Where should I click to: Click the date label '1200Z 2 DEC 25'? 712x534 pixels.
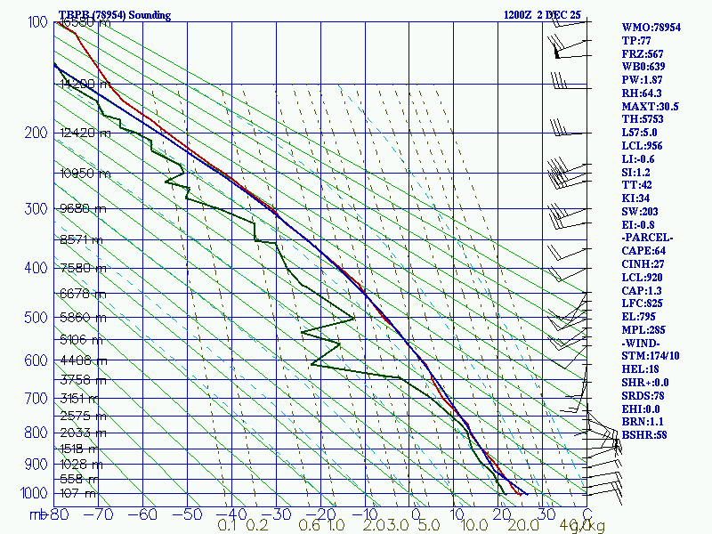click(x=542, y=15)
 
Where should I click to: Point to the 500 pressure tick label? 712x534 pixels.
click(x=37, y=318)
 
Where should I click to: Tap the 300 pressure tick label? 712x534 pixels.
click(x=37, y=209)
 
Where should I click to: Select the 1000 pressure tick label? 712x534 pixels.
click(x=34, y=493)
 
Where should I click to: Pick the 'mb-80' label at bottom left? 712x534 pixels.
click(x=49, y=514)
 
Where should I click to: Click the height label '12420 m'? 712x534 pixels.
click(x=85, y=133)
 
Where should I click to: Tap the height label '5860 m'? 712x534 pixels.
click(x=82, y=317)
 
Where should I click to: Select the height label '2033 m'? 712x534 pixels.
click(x=82, y=433)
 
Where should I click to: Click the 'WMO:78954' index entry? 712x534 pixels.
click(x=651, y=28)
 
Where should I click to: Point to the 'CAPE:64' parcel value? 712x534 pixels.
click(x=643, y=251)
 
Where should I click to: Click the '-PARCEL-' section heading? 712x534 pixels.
click(x=647, y=238)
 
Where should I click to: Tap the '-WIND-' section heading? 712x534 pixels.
click(x=643, y=343)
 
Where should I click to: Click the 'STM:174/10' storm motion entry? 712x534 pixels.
click(x=650, y=356)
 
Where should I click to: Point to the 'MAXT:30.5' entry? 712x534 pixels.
click(x=650, y=106)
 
